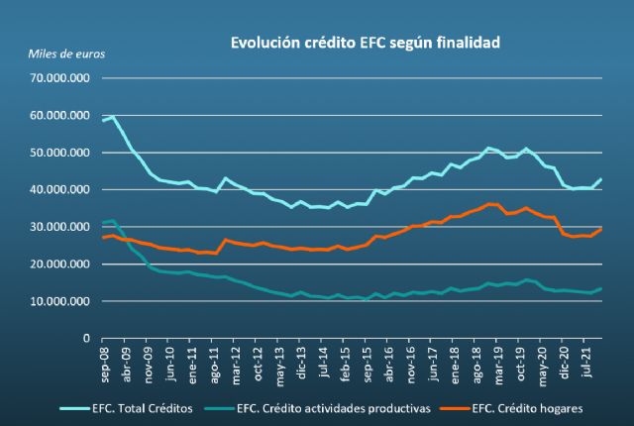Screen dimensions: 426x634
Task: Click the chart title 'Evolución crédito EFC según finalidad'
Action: point(366,43)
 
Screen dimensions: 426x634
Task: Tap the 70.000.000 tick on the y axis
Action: point(61,77)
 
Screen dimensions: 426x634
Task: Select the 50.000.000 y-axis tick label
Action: point(61,152)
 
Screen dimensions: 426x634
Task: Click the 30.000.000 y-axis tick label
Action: point(61,226)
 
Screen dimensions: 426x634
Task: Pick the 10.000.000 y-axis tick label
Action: point(61,300)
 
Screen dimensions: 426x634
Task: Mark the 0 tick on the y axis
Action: point(88,338)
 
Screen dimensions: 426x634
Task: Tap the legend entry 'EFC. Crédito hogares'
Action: point(530,406)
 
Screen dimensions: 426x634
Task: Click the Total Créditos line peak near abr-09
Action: point(113,116)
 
